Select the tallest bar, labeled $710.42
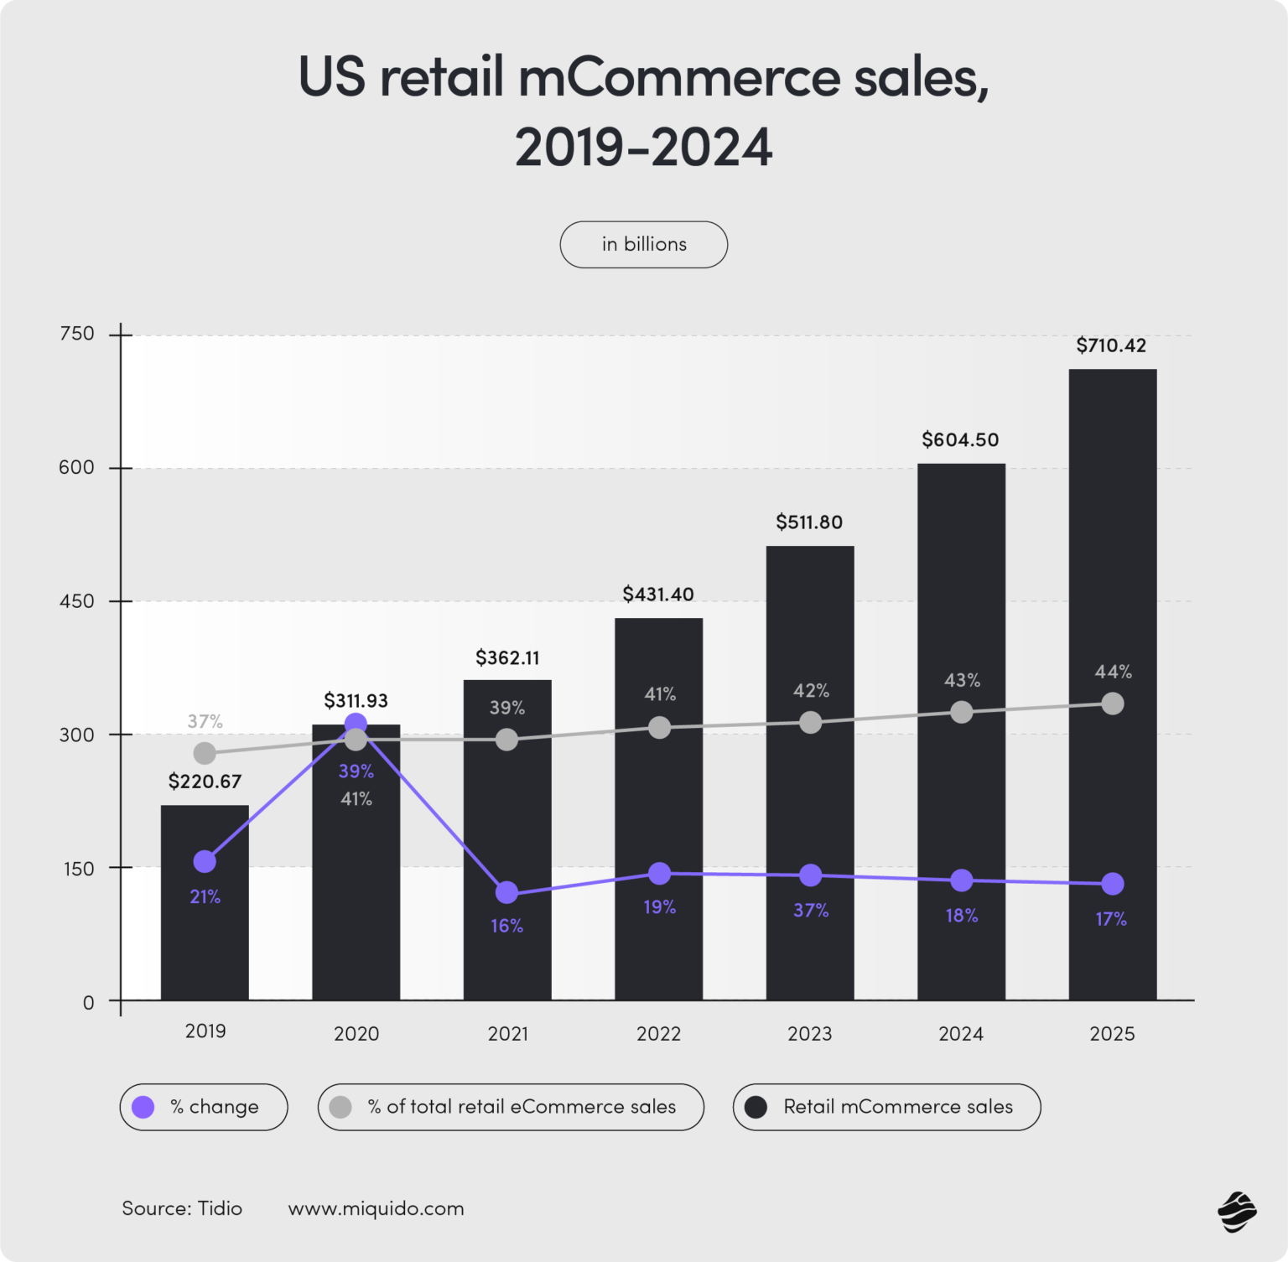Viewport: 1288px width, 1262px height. [x=1112, y=587]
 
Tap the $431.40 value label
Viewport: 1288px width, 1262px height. [x=658, y=595]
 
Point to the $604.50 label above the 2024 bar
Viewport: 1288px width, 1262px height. [x=960, y=439]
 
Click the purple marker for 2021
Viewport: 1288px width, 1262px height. [x=506, y=892]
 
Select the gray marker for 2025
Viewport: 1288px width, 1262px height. [x=1112, y=704]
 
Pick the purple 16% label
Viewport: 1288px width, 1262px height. [x=506, y=926]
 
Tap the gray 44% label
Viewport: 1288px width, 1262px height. [x=1113, y=672]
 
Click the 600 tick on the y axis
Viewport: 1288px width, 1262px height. [x=77, y=467]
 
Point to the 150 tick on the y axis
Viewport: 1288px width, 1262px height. [x=77, y=868]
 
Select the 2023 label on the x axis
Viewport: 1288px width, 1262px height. [x=809, y=1033]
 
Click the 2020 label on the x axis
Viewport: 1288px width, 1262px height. [x=356, y=1033]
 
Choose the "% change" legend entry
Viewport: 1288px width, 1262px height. [x=204, y=1107]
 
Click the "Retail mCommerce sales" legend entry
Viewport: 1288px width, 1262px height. [x=886, y=1107]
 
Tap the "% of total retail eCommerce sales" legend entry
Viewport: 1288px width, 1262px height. [x=511, y=1107]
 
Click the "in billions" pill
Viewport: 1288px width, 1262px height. [x=643, y=244]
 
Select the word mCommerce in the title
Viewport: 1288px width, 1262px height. [x=679, y=77]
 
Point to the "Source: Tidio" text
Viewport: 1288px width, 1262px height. [x=182, y=1208]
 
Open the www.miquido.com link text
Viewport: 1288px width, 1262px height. [x=376, y=1208]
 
